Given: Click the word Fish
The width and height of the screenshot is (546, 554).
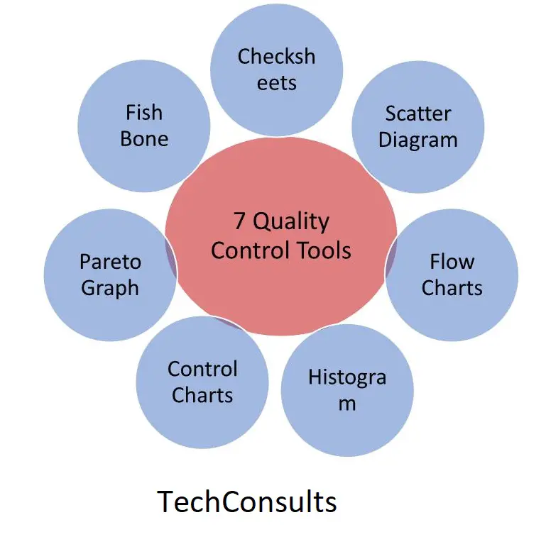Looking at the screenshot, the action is pos(144,112).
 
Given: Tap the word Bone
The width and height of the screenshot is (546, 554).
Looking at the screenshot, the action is pos(144,138).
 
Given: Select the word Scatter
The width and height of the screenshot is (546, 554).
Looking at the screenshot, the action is pos(418,113).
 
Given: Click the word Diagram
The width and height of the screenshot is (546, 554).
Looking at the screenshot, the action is pos(418,140).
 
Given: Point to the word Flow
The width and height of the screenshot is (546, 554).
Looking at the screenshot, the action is pos(452,262).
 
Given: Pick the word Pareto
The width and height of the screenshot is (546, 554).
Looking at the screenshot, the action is pos(110,262).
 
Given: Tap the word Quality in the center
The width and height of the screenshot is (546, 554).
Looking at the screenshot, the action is pos(290,222).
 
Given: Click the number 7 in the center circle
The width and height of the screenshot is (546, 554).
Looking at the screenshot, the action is pos(239,221).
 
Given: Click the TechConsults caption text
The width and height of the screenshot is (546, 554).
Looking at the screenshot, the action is pos(247,501).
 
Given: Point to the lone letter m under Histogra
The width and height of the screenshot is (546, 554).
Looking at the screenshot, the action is pos(347,404).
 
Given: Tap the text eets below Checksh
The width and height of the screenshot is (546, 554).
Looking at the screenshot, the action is pos(276,84).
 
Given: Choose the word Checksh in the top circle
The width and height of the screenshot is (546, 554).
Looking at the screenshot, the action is pos(276,57).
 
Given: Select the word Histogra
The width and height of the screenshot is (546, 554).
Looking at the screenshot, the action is pos(347,377).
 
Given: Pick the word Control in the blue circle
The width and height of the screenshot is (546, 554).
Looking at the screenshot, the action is pos(202,370).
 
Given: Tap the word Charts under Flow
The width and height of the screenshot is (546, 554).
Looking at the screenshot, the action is pos(452,287).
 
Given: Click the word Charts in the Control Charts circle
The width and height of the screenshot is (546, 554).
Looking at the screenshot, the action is pos(202,395).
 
